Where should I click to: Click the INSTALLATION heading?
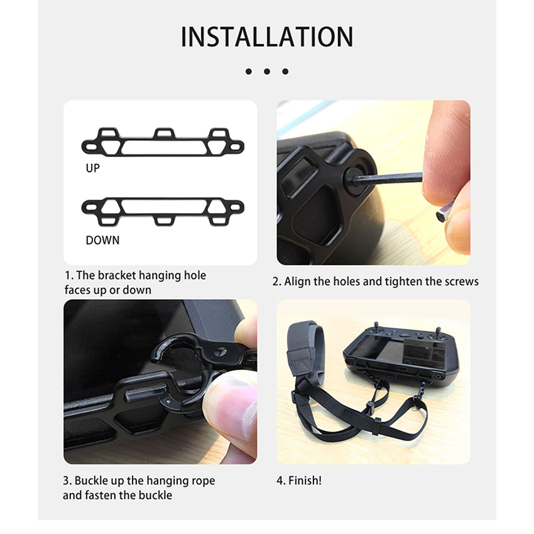point(266,37)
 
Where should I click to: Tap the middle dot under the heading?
point(266,71)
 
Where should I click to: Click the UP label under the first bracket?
point(92,168)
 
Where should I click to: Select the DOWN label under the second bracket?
point(102,240)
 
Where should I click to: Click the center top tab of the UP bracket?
point(165,133)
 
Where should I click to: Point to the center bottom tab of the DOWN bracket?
point(165,221)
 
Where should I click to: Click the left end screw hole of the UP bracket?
point(90,147)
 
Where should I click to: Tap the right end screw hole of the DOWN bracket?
point(236,207)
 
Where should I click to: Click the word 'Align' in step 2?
point(297,281)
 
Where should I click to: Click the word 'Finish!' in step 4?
point(305,481)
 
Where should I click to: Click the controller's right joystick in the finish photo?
point(438,333)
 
